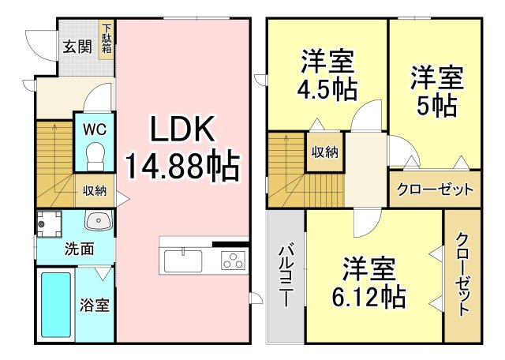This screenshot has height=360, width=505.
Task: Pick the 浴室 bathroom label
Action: pos(95,305)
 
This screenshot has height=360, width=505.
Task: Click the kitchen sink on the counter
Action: pos(183,258)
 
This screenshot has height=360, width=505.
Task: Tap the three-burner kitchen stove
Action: pos(233,259)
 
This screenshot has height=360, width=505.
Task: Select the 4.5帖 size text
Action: pos(327,88)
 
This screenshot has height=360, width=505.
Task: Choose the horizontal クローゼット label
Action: pos(435,189)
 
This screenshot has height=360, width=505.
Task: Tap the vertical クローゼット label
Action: pos(462,275)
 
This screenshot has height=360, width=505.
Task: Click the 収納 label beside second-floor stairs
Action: pos(324,152)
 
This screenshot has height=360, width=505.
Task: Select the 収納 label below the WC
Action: pos(95,191)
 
